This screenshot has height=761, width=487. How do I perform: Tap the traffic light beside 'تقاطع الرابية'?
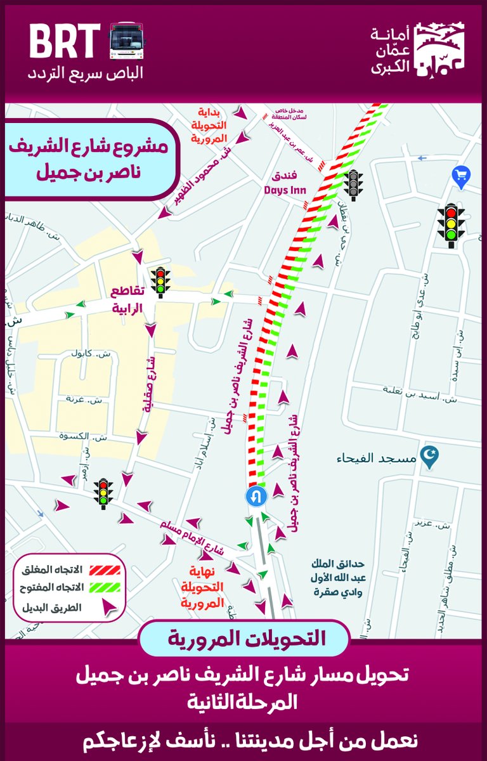point(160,282)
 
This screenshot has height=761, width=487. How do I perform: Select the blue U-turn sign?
point(256,495)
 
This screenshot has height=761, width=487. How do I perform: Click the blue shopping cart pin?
point(459,176)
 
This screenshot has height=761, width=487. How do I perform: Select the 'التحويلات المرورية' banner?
point(244,638)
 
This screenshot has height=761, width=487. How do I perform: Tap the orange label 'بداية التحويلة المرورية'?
point(209,125)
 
